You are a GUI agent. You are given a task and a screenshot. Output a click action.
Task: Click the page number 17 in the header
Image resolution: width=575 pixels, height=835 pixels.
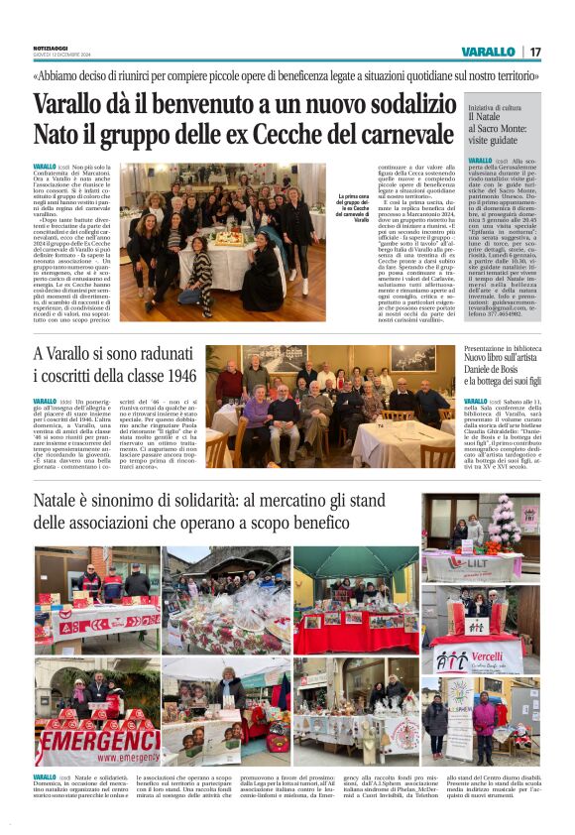pyautogui.click(x=534, y=52)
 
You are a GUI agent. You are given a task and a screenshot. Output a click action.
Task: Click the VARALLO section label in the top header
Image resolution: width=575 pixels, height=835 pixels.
pyautogui.click(x=488, y=52)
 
